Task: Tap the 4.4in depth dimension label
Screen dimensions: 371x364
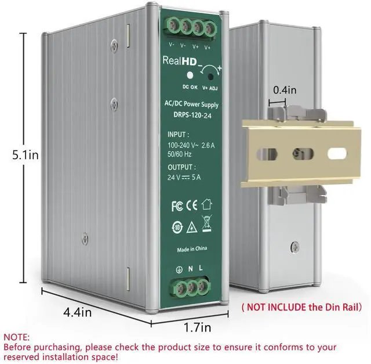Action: tap(77, 312)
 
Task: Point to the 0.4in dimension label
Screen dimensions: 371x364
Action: tap(284, 91)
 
